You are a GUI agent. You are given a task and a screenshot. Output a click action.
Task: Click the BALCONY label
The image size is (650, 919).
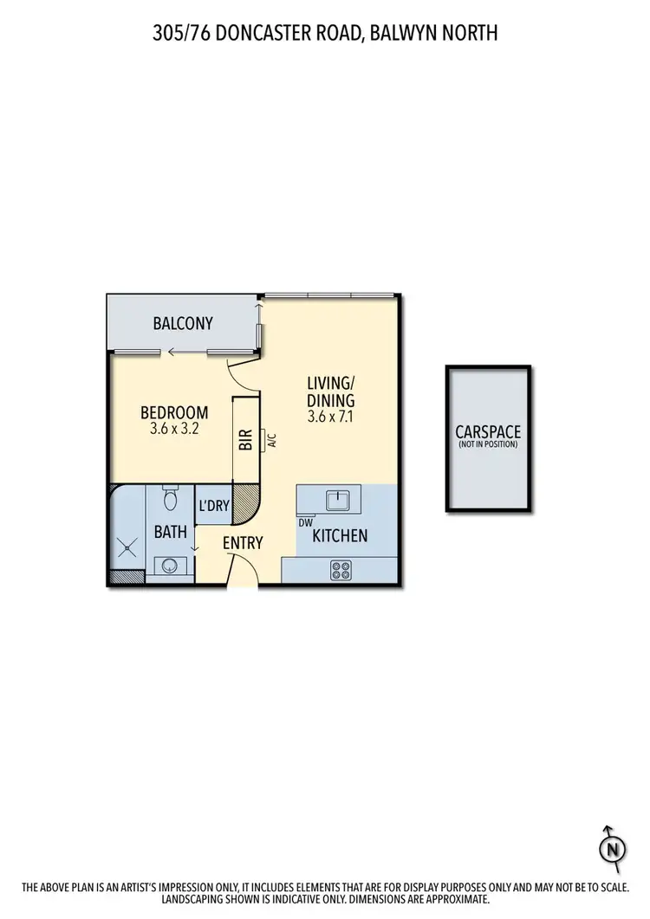[183, 324]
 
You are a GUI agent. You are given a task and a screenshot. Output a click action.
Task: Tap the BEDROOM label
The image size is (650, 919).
[175, 412]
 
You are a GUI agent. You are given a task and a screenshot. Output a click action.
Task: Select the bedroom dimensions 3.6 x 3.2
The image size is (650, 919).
[175, 428]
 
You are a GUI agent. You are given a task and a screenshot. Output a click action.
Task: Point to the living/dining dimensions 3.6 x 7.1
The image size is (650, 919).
[331, 417]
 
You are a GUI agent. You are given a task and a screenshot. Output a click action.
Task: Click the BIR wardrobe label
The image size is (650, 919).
[244, 441]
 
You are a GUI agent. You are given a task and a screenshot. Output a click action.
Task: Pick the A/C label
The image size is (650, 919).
[270, 441]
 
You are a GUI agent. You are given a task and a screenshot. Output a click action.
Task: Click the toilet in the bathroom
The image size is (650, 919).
[171, 500]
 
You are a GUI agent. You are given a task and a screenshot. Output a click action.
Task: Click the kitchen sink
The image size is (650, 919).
[335, 500]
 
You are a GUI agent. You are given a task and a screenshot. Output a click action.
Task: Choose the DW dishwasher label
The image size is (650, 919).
[305, 522]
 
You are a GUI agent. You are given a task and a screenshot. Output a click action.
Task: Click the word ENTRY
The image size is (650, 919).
[243, 543]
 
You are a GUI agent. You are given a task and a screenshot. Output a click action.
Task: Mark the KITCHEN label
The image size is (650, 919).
[340, 536]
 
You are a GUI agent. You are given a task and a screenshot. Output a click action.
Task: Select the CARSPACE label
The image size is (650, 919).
[489, 431]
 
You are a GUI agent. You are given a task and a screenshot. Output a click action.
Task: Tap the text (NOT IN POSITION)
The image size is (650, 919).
[489, 444]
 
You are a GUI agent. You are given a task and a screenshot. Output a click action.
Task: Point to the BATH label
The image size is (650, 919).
[171, 532]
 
